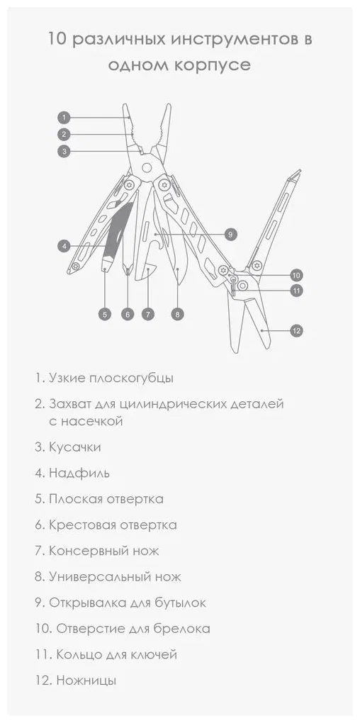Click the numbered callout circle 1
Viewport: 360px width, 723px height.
64,117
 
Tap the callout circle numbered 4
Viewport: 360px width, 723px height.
64,246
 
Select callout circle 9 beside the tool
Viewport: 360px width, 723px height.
231,234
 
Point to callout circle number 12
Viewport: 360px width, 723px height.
296,330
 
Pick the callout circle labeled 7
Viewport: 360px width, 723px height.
147,315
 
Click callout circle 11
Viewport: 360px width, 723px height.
296,291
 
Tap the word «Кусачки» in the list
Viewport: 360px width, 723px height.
74,447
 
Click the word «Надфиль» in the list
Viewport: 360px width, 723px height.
79,473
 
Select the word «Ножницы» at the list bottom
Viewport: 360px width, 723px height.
86,680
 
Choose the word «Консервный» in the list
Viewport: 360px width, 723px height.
88,551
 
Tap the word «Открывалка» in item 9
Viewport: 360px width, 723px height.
88,602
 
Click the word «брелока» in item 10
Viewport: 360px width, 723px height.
181,628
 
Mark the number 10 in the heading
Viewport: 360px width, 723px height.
57,39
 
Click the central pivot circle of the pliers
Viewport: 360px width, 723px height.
147,167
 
